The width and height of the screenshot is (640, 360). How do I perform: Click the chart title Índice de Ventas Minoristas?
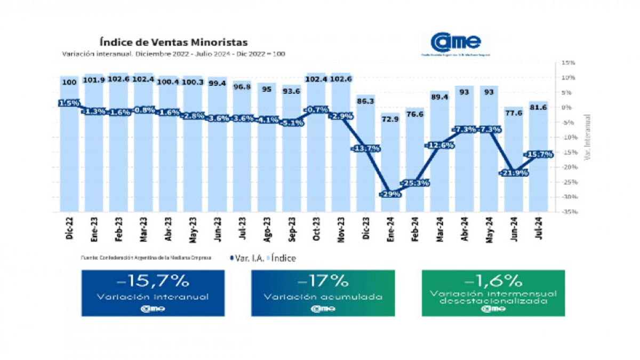pyautogui.click(x=173, y=42)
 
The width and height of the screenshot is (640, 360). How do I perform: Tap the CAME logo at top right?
pyautogui.click(x=456, y=42)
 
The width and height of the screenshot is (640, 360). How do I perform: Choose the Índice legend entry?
pyautogui.click(x=284, y=258)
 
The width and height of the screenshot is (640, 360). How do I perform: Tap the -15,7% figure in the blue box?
pyautogui.click(x=153, y=281)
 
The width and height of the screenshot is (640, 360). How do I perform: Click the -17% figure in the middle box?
pyautogui.click(x=323, y=281)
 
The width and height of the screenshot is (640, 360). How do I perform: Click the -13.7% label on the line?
pyautogui.click(x=366, y=148)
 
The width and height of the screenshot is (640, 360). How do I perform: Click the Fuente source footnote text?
pyautogui.click(x=146, y=258)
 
